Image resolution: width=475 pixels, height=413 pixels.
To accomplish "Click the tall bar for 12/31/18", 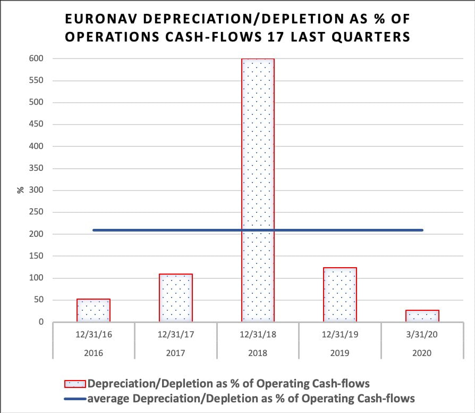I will pyautogui.click(x=258, y=186).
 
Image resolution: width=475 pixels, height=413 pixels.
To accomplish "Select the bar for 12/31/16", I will pyautogui.click(x=94, y=310).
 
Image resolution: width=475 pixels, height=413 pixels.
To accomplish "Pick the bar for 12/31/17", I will pyautogui.click(x=175, y=298).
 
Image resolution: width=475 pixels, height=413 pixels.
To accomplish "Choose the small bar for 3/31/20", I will pyautogui.click(x=422, y=316).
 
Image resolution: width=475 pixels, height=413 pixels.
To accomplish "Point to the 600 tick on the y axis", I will pyautogui.click(x=36, y=59).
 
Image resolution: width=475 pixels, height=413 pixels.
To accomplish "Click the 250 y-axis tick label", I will pyautogui.click(x=36, y=212).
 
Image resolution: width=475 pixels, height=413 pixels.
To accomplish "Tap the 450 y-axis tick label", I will pyautogui.click(x=36, y=125).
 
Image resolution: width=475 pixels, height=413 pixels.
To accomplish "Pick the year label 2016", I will pyautogui.click(x=94, y=352).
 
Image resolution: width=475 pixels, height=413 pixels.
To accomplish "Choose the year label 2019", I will pyautogui.click(x=340, y=352).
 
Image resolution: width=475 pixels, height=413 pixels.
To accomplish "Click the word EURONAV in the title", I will pyautogui.click(x=99, y=20).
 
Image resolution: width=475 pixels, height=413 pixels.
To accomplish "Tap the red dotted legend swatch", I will pyautogui.click(x=75, y=384).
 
